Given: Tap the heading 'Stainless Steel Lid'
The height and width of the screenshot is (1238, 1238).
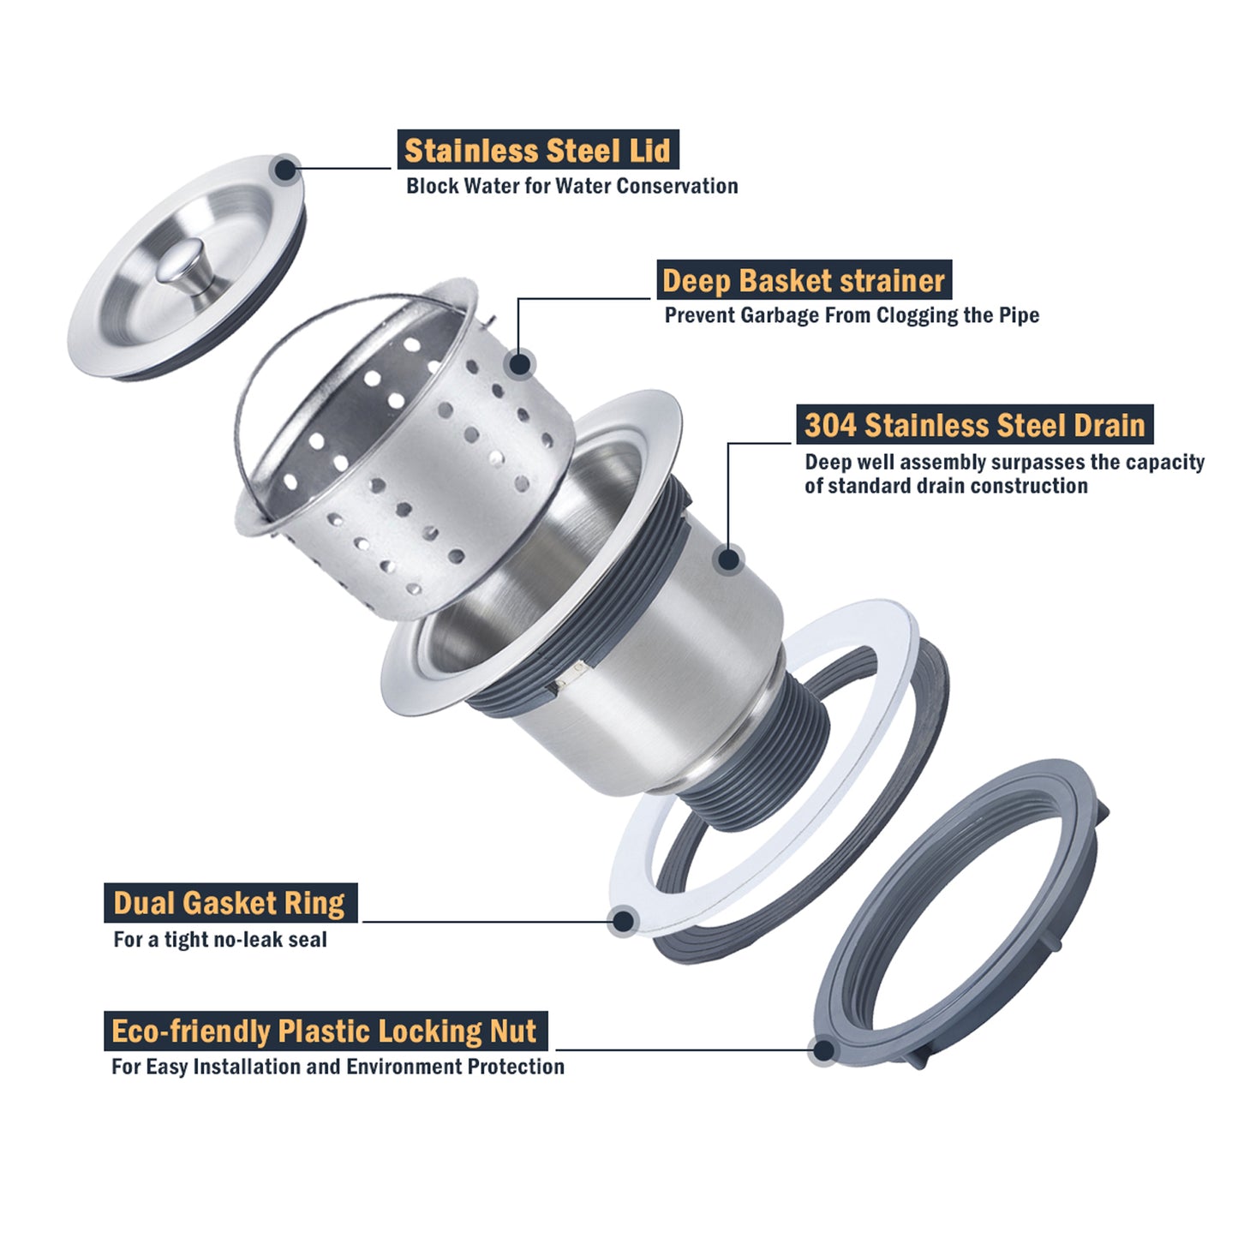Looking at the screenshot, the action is tap(537, 151).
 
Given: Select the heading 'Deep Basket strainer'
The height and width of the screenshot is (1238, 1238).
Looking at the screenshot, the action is tap(803, 281).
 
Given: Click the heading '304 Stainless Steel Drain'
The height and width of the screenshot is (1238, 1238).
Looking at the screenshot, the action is tap(975, 425).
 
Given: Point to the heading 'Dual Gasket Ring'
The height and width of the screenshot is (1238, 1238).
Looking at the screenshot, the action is tap(230, 903).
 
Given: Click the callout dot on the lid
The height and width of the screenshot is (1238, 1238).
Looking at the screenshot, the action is tap(285, 170).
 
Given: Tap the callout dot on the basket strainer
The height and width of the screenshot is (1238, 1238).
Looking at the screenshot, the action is tap(520, 364).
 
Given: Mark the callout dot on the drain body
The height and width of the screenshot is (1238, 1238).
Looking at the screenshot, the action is tap(728, 559).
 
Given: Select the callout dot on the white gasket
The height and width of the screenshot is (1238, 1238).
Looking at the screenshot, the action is tap(622, 921).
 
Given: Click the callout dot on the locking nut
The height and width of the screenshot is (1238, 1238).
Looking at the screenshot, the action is tap(823, 1050).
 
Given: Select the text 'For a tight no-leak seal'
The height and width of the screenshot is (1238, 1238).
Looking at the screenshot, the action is tap(220, 940).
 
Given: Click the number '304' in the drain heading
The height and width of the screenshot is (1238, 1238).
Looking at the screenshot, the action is tap(829, 425).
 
